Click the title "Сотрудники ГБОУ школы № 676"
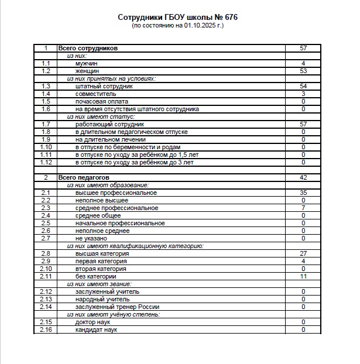point(178,18)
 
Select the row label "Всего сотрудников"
point(88,48)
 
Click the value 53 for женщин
point(303,71)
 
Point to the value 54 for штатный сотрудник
point(303,86)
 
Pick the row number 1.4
point(46,94)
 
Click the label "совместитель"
point(96,94)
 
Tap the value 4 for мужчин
point(303,63)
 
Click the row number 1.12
point(46,162)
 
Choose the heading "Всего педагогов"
point(84,177)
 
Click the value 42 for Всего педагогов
point(303,177)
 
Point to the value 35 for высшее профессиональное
point(303,193)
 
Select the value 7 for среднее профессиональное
point(303,208)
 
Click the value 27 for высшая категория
point(303,253)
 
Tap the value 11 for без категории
point(303,276)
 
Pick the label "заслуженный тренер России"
point(117,307)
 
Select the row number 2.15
point(46,322)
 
